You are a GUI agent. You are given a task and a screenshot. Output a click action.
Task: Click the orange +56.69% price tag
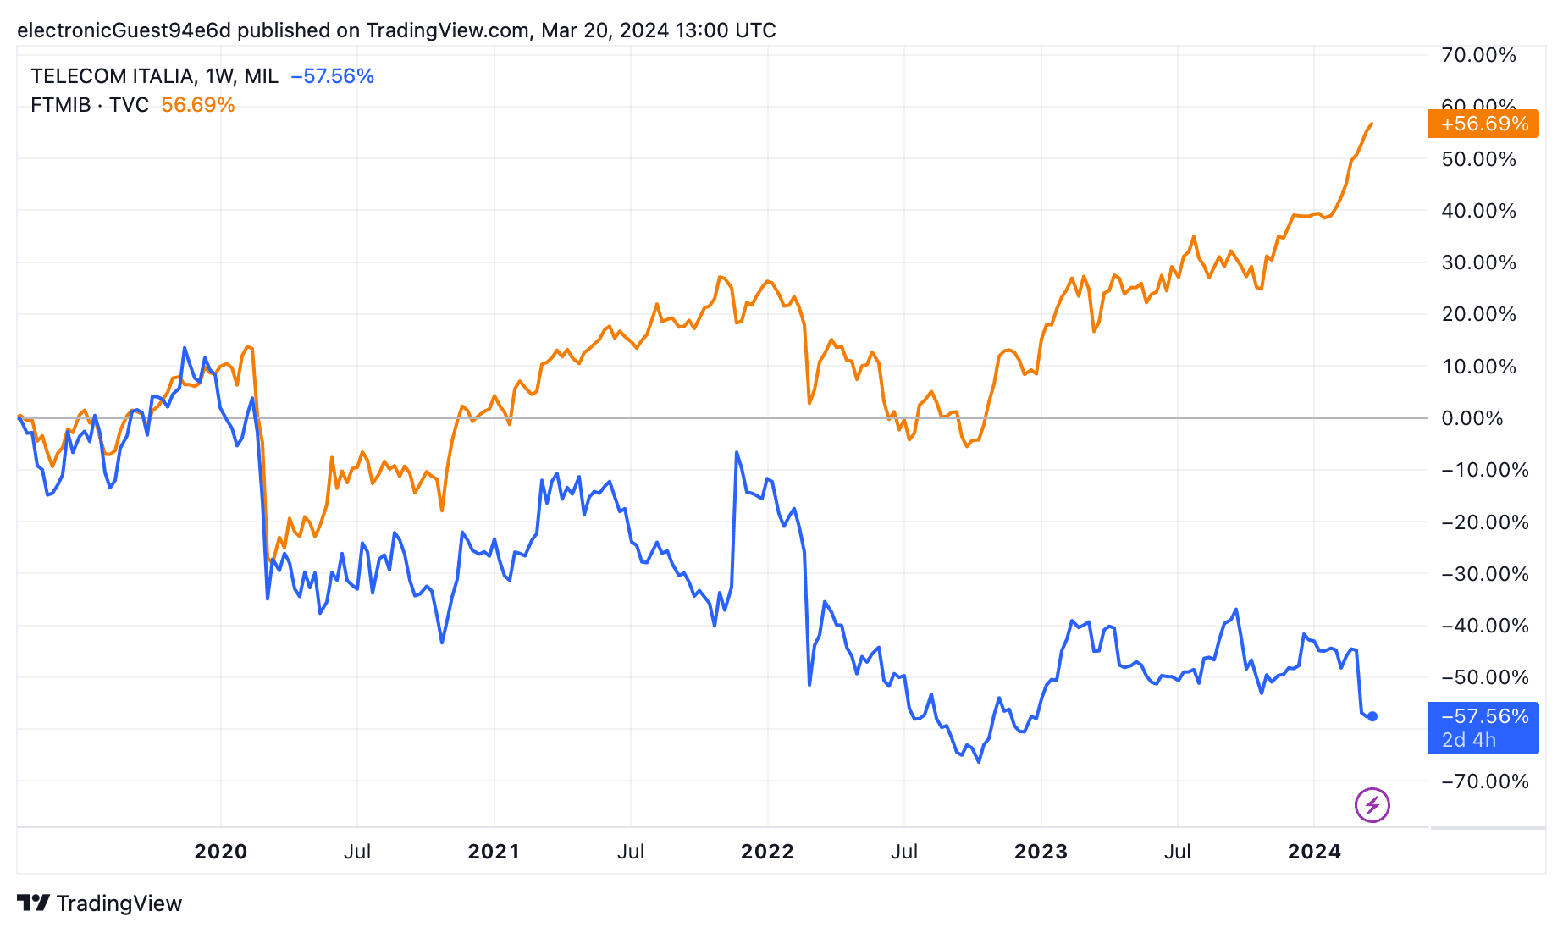(x=1483, y=124)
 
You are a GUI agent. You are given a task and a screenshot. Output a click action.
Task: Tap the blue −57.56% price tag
(x=1483, y=727)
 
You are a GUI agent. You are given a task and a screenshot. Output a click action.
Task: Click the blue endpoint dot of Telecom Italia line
(x=1372, y=716)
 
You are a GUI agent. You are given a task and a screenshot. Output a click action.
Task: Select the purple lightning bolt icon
(x=1372, y=804)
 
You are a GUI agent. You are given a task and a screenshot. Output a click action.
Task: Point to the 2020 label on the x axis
(x=220, y=852)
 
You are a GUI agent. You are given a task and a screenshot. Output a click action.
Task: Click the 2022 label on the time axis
(x=767, y=852)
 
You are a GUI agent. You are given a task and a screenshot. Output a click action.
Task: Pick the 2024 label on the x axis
(x=1314, y=852)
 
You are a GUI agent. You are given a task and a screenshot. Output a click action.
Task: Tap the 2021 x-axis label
(x=494, y=852)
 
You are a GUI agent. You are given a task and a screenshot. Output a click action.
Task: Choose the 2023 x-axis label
(x=1041, y=852)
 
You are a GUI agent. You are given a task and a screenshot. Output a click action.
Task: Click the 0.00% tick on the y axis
(x=1472, y=418)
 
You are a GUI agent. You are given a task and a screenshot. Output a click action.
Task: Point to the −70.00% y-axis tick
(x=1484, y=781)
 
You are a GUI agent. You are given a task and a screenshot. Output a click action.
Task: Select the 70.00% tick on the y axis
(x=1478, y=55)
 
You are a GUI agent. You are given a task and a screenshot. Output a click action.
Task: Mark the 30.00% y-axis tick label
(x=1478, y=262)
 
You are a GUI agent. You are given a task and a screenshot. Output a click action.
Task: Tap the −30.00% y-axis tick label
(x=1484, y=574)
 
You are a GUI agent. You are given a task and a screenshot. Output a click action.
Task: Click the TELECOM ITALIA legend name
(x=113, y=76)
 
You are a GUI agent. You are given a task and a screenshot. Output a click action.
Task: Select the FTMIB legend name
(x=60, y=105)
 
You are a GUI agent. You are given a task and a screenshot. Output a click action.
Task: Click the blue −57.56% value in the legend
(x=332, y=76)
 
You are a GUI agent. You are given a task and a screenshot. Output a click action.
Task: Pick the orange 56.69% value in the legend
(x=197, y=105)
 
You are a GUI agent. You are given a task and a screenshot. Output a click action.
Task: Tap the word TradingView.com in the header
(x=447, y=30)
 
